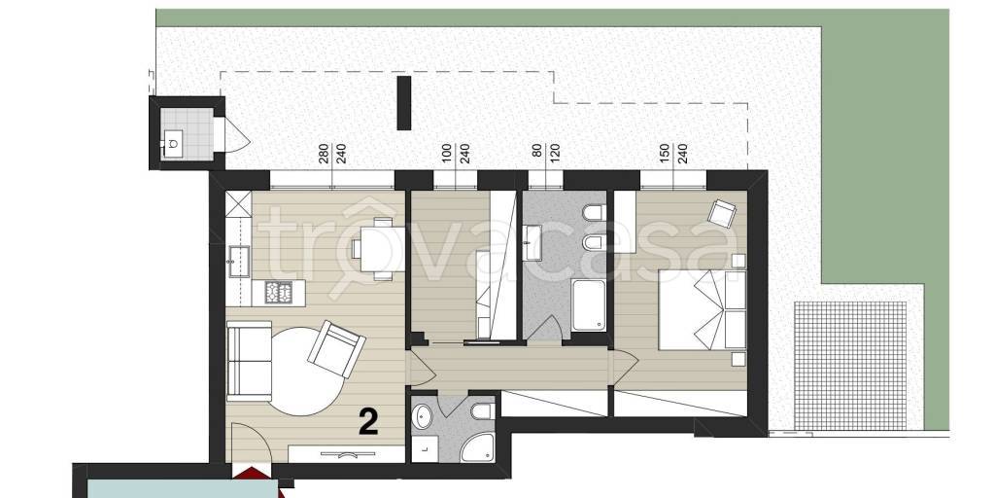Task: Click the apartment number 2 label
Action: click(368, 422)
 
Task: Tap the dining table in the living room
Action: click(378, 248)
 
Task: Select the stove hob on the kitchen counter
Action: click(279, 292)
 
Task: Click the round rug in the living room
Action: click(304, 371)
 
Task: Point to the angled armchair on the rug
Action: click(336, 349)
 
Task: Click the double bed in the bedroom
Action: click(702, 310)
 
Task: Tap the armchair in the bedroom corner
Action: click(722, 213)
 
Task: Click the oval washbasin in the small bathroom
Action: click(422, 418)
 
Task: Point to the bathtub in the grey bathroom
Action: click(588, 304)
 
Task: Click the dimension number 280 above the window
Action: click(323, 155)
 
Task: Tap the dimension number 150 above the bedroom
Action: click(665, 155)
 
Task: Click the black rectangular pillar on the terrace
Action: click(403, 103)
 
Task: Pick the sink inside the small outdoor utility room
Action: click(173, 143)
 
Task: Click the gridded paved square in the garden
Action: click(850, 366)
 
